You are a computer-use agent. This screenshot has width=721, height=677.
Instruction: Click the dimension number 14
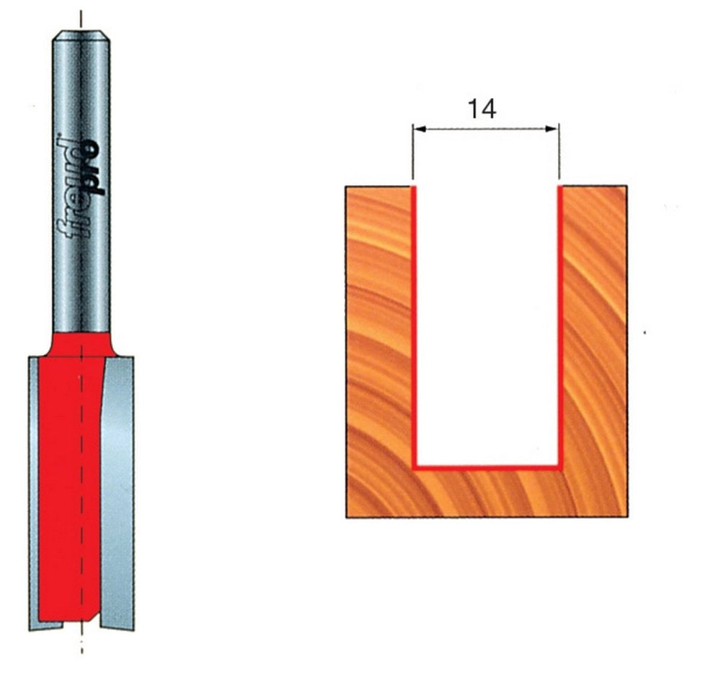point(482,109)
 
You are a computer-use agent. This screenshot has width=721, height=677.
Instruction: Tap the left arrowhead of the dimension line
point(420,130)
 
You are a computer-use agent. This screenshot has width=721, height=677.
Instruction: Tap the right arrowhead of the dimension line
point(552,130)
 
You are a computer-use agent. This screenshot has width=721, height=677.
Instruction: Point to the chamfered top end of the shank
point(81,36)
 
